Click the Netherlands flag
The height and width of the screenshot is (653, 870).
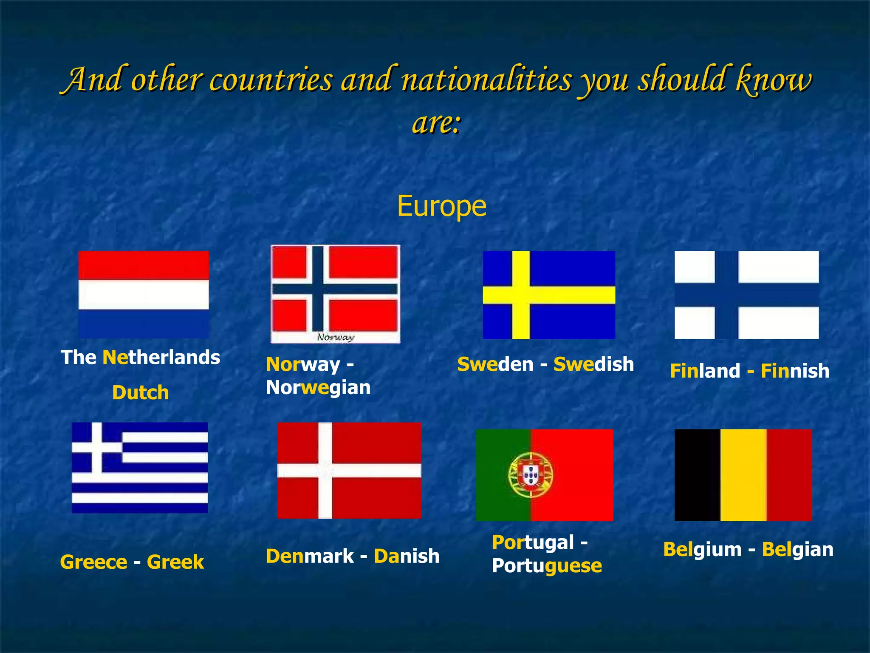pyautogui.click(x=144, y=294)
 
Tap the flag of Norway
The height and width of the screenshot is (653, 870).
pyautogui.click(x=335, y=289)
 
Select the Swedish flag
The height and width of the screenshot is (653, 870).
pyautogui.click(x=549, y=295)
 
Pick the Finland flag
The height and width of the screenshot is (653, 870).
pyautogui.click(x=746, y=295)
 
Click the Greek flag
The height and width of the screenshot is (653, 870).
pyautogui.click(x=140, y=467)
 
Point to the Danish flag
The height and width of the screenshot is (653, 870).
pyautogui.click(x=349, y=470)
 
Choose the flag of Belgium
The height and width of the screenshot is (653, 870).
pyautogui.click(x=743, y=475)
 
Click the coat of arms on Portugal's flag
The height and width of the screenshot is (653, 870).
pyautogui.click(x=531, y=474)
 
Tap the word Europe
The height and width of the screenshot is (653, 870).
pyautogui.click(x=441, y=207)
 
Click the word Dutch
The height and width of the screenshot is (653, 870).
pyautogui.click(x=141, y=392)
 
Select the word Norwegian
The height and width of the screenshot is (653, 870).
pyautogui.click(x=318, y=387)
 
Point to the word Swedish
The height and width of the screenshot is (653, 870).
pyautogui.click(x=593, y=364)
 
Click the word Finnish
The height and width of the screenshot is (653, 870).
pyautogui.click(x=794, y=371)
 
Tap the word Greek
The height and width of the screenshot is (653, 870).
pyautogui.click(x=175, y=562)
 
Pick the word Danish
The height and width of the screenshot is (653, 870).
pyautogui.click(x=407, y=556)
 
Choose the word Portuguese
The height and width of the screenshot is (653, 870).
pyautogui.click(x=547, y=566)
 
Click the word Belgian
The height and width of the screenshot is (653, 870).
pyautogui.click(x=797, y=549)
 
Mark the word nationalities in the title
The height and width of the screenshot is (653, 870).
pyautogui.click(x=486, y=80)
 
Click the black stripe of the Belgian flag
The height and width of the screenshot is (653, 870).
pyautogui.click(x=697, y=475)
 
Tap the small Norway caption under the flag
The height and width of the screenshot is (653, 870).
pyautogui.click(x=336, y=338)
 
